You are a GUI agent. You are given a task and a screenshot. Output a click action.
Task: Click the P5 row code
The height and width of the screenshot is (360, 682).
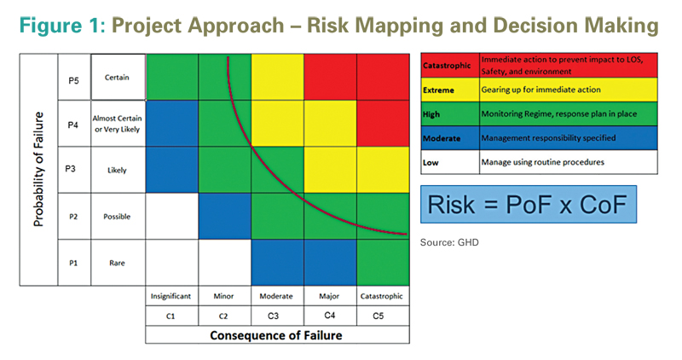click(x=73, y=80)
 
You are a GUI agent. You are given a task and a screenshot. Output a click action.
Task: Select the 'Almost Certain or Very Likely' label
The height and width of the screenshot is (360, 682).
click(x=117, y=124)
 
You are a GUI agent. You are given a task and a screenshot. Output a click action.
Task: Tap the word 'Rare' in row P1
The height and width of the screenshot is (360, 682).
click(x=117, y=263)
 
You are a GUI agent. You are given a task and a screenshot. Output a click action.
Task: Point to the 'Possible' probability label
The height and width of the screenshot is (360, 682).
click(x=117, y=217)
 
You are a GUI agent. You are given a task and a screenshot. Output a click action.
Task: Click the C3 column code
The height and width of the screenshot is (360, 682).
click(x=273, y=316)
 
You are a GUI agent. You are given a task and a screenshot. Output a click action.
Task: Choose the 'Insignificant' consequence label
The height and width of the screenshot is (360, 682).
click(x=171, y=296)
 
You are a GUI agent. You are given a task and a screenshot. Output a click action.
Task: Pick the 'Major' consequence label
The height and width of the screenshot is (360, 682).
click(x=329, y=296)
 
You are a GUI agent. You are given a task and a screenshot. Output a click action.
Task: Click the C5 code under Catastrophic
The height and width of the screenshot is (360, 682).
click(x=379, y=316)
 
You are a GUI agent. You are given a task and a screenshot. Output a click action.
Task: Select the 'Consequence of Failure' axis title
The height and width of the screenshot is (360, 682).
click(x=276, y=335)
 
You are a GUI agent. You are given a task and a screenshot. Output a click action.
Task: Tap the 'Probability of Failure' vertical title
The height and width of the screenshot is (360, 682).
click(x=38, y=169)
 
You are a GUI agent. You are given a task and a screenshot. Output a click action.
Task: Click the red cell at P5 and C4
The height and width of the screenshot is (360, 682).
click(x=330, y=77)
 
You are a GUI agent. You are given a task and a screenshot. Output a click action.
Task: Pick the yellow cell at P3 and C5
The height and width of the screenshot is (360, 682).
click(x=383, y=170)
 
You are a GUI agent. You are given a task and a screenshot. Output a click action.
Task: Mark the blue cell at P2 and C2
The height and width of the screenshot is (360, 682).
click(x=225, y=217)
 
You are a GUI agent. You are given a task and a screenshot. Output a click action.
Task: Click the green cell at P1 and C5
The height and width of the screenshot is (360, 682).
click(x=383, y=263)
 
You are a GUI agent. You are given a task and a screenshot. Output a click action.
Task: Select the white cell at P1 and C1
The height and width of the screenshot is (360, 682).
click(x=172, y=263)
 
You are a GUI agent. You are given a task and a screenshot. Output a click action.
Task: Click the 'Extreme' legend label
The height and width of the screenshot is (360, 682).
click(x=438, y=90)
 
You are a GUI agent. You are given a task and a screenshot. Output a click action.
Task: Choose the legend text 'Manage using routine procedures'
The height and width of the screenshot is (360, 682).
click(x=543, y=162)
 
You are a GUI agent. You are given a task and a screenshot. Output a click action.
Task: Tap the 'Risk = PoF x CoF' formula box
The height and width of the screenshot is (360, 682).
click(x=529, y=204)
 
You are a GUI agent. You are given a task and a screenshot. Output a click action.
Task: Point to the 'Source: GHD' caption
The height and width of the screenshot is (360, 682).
click(x=449, y=242)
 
